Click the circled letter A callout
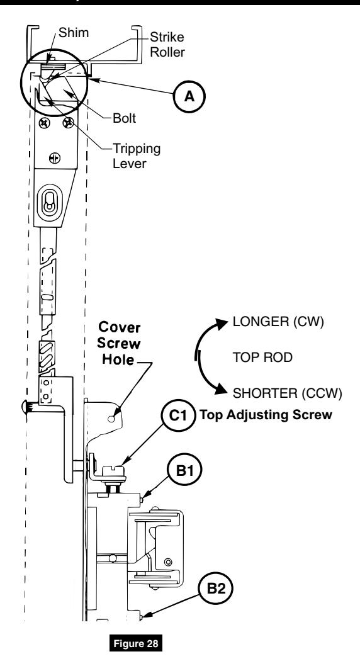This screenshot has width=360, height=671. (x=189, y=96)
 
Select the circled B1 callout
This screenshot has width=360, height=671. (x=184, y=471)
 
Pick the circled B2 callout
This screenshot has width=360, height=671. (x=215, y=589)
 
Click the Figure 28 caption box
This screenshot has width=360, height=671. (x=136, y=643)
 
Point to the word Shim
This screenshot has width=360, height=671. (x=74, y=33)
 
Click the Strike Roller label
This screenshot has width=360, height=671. (x=167, y=45)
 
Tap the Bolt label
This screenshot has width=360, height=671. (x=125, y=118)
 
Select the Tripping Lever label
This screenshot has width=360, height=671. (x=136, y=156)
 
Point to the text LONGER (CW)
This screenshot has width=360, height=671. (x=278, y=322)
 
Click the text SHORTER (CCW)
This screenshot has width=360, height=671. (x=287, y=392)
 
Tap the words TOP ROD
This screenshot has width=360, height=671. (x=262, y=357)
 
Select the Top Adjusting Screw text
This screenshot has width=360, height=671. (x=266, y=415)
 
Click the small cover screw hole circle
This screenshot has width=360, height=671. (x=111, y=419)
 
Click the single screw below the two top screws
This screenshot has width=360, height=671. (x=54, y=158)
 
